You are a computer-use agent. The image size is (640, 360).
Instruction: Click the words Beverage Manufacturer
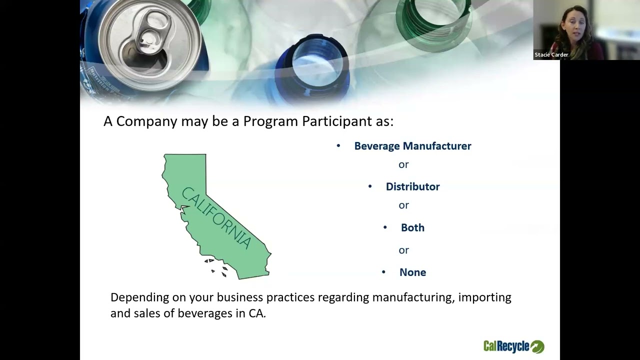(x=412, y=146)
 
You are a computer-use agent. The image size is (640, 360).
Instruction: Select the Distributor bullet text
(x=412, y=186)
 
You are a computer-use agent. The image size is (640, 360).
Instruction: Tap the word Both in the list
(x=412, y=227)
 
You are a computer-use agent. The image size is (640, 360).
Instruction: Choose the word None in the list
(x=412, y=272)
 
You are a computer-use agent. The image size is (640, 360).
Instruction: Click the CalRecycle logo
(x=513, y=346)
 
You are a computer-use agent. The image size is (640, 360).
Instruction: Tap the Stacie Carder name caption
(x=551, y=55)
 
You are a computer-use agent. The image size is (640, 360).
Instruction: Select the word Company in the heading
(x=146, y=121)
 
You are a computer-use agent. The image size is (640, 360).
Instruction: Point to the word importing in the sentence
(x=484, y=297)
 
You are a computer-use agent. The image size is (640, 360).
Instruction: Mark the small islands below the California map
(x=217, y=267)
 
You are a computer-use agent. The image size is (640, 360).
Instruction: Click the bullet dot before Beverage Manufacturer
(x=338, y=146)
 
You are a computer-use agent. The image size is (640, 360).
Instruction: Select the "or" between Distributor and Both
(x=403, y=205)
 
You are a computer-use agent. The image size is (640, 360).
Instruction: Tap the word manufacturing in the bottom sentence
(x=412, y=297)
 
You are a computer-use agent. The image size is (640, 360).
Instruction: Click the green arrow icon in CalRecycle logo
(x=537, y=346)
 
